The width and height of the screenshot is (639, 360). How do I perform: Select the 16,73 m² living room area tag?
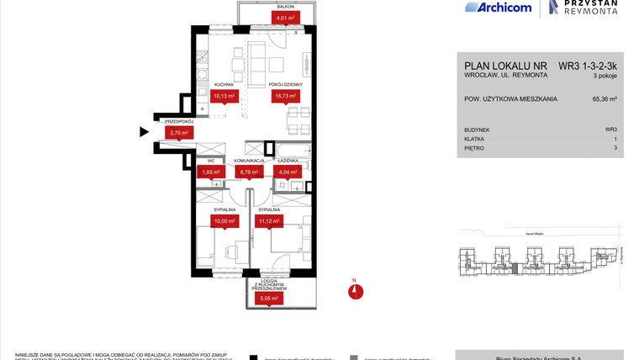point(280,97)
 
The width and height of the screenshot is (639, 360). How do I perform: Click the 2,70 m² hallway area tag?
point(178,132)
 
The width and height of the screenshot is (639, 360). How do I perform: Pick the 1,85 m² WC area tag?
point(209,172)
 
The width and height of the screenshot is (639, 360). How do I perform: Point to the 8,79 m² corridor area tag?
point(250,172)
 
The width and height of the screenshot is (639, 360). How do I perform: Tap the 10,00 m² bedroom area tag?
point(224,221)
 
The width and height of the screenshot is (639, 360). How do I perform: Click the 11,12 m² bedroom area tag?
point(269,221)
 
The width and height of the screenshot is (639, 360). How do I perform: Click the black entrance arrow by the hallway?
point(144,132)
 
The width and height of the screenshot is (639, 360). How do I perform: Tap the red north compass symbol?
point(356,291)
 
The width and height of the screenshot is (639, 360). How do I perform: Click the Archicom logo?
point(498,8)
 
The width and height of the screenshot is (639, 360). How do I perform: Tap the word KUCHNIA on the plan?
point(224,85)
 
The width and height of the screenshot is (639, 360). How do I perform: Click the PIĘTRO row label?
point(475,148)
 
